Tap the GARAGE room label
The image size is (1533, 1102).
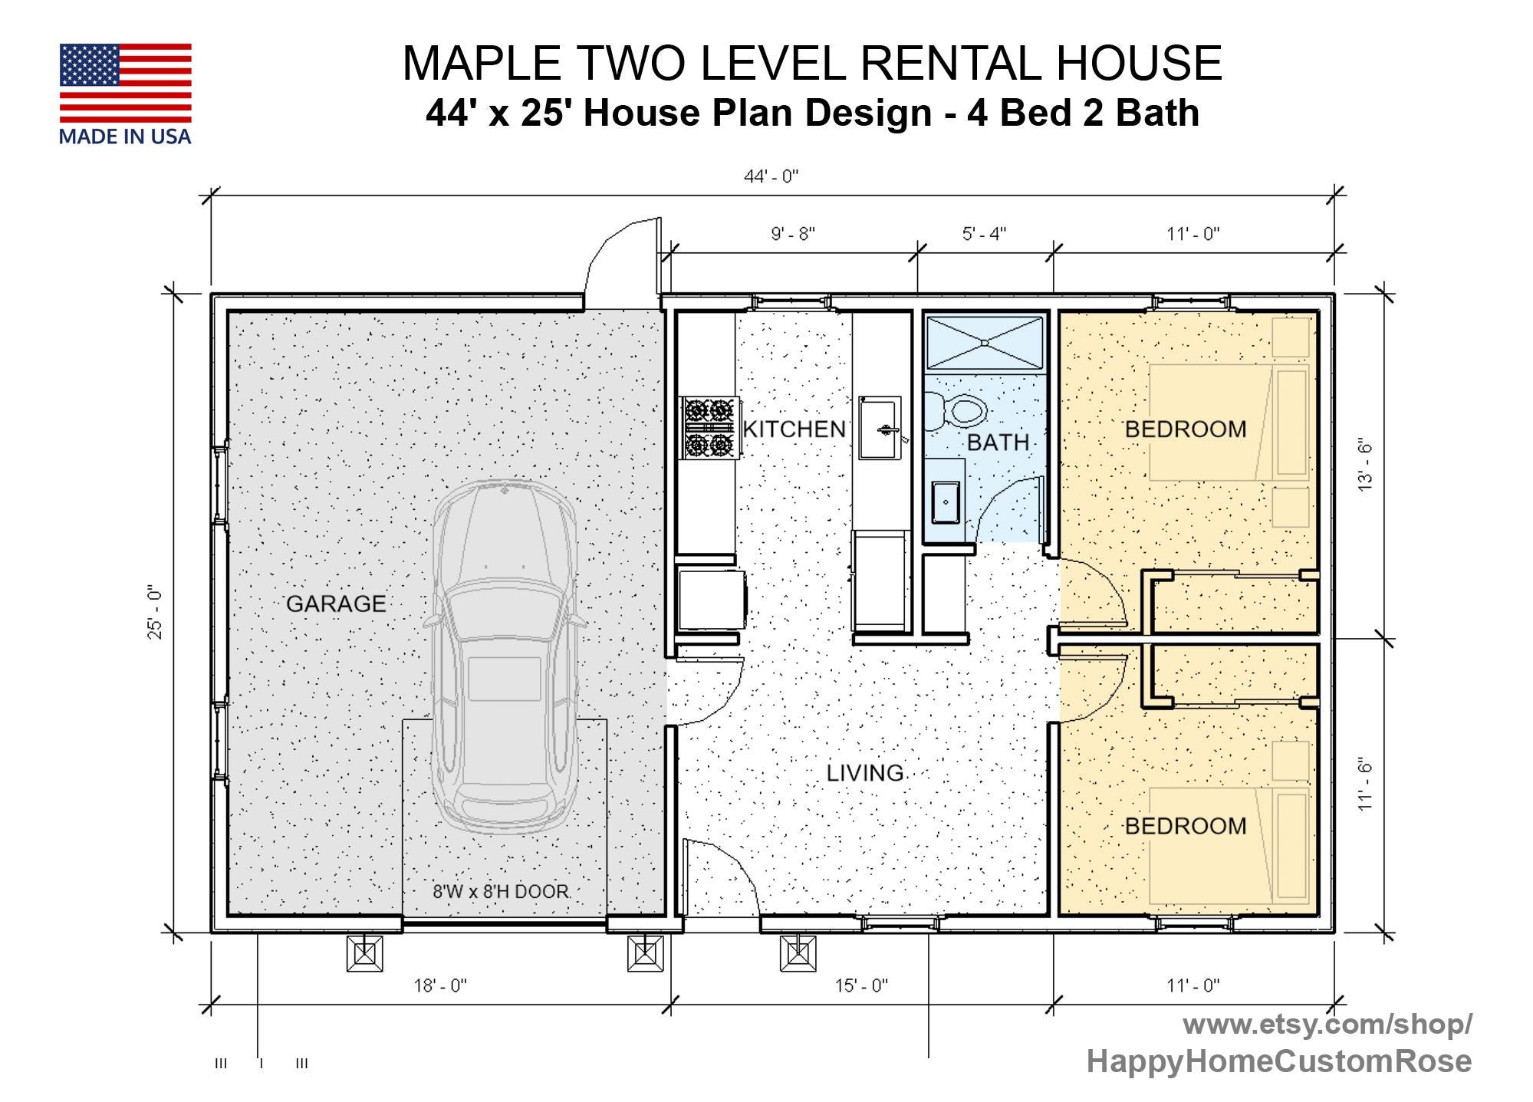(x=336, y=604)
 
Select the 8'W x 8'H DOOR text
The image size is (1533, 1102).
(x=501, y=891)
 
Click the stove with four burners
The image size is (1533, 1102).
(x=709, y=427)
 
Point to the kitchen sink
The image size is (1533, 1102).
(x=879, y=428)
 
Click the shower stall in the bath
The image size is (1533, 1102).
(x=985, y=342)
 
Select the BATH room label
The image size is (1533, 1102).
(x=997, y=442)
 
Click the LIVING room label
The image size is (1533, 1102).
(x=865, y=772)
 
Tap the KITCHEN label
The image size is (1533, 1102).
(x=794, y=429)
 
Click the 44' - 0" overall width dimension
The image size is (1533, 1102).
(x=771, y=176)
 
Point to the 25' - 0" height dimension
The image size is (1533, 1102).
(x=156, y=613)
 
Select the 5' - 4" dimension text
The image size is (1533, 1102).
(x=984, y=233)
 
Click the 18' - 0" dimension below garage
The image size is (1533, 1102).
(x=440, y=985)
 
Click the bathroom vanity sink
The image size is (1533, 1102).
(x=945, y=502)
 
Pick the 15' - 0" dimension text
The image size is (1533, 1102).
(x=861, y=985)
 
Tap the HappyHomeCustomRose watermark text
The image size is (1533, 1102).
(x=1278, y=1061)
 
